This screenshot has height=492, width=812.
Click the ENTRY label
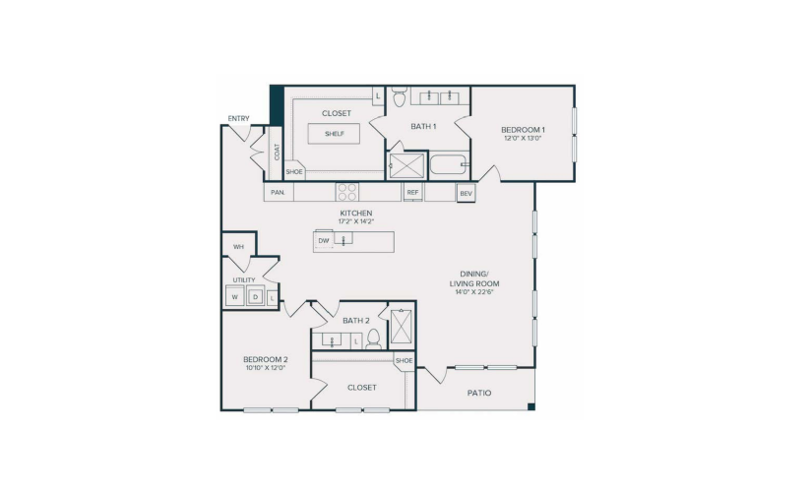pos(239,119)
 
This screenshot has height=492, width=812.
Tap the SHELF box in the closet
pos(334,134)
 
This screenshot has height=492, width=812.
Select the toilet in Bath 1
pos(400,96)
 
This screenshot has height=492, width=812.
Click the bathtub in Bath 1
pos(449,164)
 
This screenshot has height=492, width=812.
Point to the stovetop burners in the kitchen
pos(347,192)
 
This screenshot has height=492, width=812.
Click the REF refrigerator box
pos(412,192)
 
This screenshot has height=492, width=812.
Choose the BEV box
pos(467,194)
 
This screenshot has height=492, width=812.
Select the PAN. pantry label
pos(279,193)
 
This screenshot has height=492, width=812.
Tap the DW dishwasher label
pos(324,241)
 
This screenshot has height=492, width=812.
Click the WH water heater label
pos(238,247)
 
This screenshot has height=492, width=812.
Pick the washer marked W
pos(235,297)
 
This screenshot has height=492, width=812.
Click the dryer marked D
pos(255,297)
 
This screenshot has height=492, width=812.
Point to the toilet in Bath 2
pos(373,339)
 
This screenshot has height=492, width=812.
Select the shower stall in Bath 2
pos(401,327)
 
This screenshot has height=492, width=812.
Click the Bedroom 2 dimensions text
pos(266,368)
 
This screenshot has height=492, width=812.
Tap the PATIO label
pos(479,393)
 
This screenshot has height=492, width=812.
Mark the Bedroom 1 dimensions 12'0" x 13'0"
pos(523,139)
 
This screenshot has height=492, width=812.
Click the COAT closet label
pos(277,152)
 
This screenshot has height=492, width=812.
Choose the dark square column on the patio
pos(531,406)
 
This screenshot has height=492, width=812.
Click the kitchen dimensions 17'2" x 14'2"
pos(356,221)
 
